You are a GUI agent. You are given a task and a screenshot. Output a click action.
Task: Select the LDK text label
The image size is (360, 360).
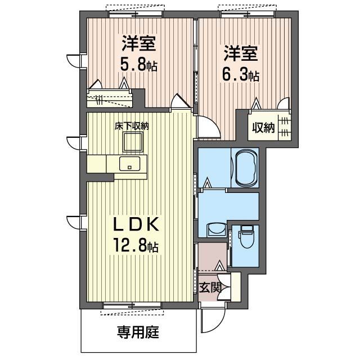[x=136, y=224]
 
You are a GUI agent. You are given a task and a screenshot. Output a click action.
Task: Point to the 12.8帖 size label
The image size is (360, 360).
[x=135, y=246]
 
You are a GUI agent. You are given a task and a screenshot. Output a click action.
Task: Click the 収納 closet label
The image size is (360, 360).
[x=263, y=128]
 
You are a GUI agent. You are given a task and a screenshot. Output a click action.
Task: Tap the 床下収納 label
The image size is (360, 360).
[x=132, y=126]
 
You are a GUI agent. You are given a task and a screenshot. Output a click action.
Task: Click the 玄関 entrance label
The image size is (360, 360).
[x=210, y=287]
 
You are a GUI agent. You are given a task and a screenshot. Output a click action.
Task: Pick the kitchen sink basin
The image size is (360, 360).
[x=130, y=164]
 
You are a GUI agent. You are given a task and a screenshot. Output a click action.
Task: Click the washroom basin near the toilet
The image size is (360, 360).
[x=216, y=229]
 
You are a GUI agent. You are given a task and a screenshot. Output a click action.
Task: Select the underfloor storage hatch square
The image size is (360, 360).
[x=133, y=142]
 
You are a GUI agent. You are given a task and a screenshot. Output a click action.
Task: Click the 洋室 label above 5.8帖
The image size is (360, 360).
[x=139, y=43]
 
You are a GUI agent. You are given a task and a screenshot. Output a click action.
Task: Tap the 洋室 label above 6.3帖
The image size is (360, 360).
[x=241, y=53]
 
